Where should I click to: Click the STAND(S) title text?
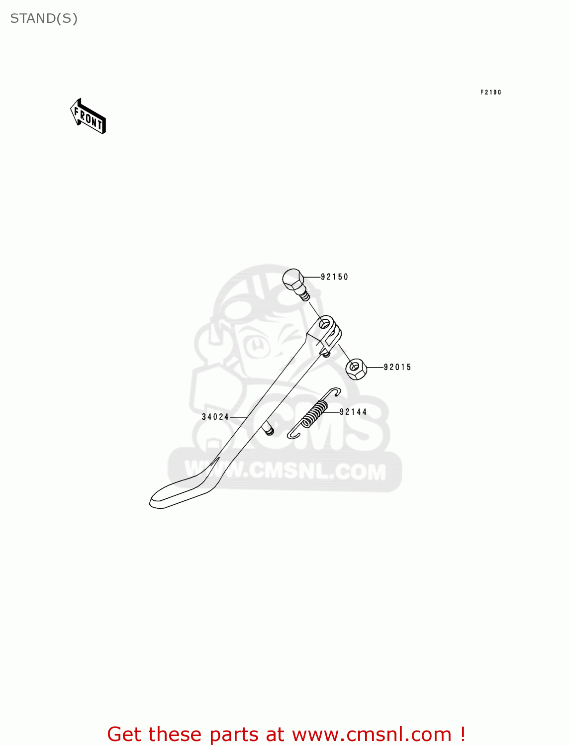tap(44, 18)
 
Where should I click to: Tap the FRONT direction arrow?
tap(88, 117)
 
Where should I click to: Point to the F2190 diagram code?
tap(490, 93)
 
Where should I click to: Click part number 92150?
tap(334, 277)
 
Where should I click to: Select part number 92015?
tap(397, 368)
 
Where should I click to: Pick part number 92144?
tap(353, 412)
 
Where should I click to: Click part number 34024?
tap(215, 417)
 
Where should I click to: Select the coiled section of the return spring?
tap(315, 413)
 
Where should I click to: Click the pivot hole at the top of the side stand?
tap(325, 324)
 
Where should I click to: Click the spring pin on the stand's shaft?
tap(269, 429)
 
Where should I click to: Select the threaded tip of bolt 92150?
tap(305, 296)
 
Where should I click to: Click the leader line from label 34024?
tap(239, 417)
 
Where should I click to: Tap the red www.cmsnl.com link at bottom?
tap(372, 734)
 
